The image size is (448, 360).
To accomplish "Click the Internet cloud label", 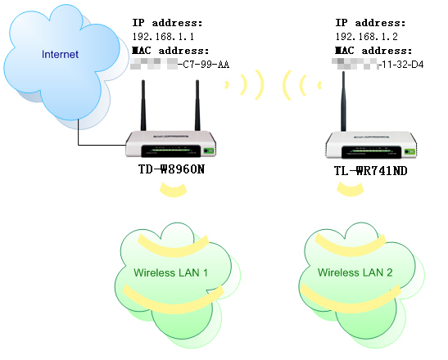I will pos(61,55).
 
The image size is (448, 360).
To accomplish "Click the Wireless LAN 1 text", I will pos(171,272).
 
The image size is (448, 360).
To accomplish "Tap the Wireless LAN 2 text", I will pos(356,272).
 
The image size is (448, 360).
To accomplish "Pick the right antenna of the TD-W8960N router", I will pos(198,106).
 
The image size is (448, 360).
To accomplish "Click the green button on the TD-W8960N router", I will pos(209,150).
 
